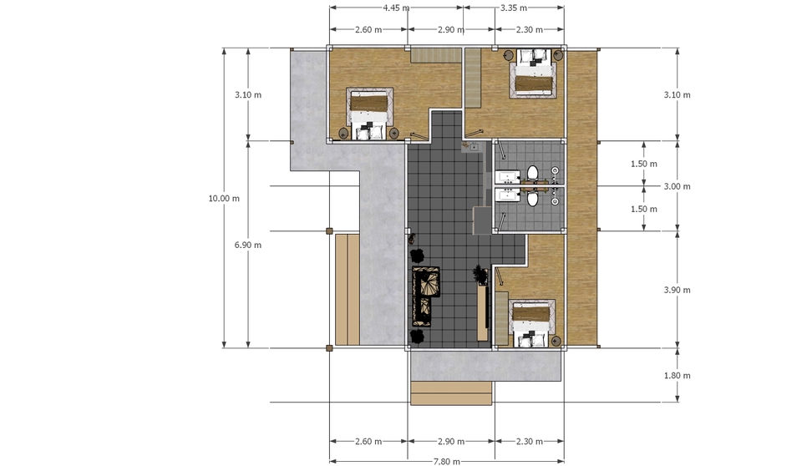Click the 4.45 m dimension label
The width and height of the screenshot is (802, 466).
396,8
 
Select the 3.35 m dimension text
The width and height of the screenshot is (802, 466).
514,8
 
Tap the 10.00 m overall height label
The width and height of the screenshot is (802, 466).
224,199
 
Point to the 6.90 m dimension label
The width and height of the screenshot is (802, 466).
248,245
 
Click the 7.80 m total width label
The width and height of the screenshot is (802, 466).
446,461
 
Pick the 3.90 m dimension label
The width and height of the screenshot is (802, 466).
678,290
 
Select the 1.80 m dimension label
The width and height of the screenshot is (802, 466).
678,376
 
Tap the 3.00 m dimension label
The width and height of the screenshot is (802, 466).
678,186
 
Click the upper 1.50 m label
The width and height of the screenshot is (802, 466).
644,164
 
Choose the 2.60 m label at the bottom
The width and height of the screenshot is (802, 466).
368,441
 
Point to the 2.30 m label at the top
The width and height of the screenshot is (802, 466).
530,30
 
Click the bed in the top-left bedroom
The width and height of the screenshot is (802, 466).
369,114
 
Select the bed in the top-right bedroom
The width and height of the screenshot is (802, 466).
532,73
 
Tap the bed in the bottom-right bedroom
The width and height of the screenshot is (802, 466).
532,323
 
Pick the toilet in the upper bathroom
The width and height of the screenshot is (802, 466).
532,174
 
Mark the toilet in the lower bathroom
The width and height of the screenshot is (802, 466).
532,197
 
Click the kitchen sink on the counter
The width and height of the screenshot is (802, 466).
475,147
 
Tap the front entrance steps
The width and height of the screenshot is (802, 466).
452,393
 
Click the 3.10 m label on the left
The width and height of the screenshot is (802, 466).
248,94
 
